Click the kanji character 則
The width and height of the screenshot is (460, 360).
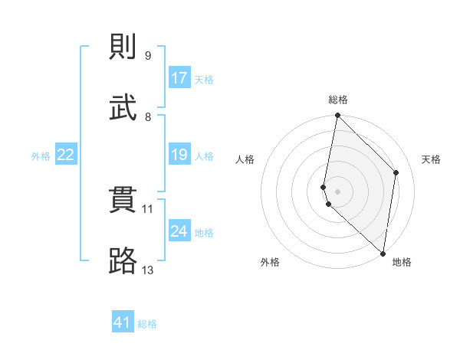click(x=123, y=47)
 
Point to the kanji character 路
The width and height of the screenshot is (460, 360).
click(x=123, y=261)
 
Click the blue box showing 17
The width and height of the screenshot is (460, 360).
click(x=179, y=78)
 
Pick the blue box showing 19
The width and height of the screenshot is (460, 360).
click(x=179, y=155)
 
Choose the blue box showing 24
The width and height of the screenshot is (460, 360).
click(x=179, y=231)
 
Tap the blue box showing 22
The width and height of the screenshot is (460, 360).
click(x=66, y=155)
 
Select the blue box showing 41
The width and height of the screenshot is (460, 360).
click(x=123, y=322)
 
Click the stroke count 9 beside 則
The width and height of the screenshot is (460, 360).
click(x=147, y=56)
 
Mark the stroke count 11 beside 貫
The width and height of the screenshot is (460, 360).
click(x=148, y=208)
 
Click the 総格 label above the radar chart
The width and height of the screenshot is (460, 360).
click(x=337, y=100)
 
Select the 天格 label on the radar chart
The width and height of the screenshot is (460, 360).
click(x=431, y=159)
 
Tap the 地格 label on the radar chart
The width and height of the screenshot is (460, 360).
click(x=402, y=262)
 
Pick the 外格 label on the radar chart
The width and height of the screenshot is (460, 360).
click(x=270, y=262)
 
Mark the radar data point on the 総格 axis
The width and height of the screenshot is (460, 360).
click(x=337, y=116)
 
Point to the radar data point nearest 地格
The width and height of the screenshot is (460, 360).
click(x=383, y=253)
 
